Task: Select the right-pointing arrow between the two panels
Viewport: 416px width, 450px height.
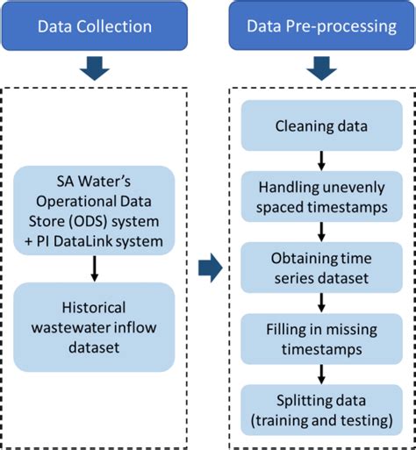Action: click(210, 268)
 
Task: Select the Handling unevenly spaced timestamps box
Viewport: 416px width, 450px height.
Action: click(320, 196)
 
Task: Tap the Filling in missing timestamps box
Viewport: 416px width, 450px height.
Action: click(320, 338)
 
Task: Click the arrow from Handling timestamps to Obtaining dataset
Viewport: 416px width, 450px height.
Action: click(320, 230)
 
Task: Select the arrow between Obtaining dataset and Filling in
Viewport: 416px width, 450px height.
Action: click(320, 300)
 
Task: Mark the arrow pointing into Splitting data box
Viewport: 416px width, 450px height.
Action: click(320, 372)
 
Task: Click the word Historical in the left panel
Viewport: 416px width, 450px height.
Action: click(94, 308)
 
